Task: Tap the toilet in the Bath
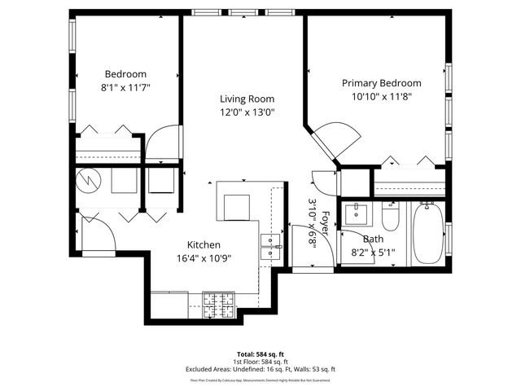pyautogui.click(x=390, y=217)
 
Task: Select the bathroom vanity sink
pyautogui.click(x=356, y=216)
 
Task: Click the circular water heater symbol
pyautogui.click(x=86, y=181)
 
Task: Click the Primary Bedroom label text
pyautogui.click(x=381, y=83)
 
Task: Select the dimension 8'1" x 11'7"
pyautogui.click(x=126, y=86)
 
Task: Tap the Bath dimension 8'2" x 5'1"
pyautogui.click(x=372, y=252)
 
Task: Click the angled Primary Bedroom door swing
pyautogui.click(x=337, y=138)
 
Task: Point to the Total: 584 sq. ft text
pyautogui.click(x=260, y=354)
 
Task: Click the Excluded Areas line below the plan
pyautogui.click(x=260, y=369)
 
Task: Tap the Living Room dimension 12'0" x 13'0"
pyautogui.click(x=247, y=112)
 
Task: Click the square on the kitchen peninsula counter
pyautogui.click(x=237, y=207)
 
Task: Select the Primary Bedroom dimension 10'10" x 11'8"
pyautogui.click(x=381, y=96)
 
